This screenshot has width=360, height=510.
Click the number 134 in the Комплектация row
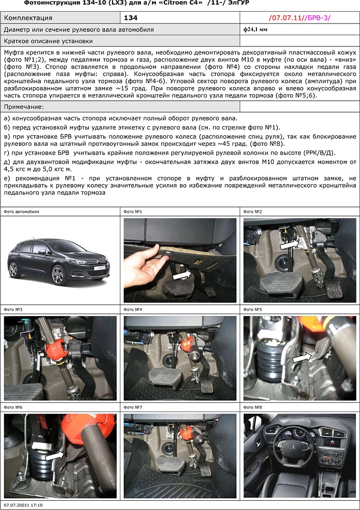(x=132, y=18)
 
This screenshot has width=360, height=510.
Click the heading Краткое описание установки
(x=48, y=41)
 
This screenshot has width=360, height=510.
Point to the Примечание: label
(x=23, y=107)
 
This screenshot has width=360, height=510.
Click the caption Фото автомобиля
(x=21, y=211)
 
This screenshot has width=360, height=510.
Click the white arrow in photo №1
(x=181, y=275)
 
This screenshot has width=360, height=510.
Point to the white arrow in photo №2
(x=289, y=245)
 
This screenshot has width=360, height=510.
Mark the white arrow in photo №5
(x=301, y=359)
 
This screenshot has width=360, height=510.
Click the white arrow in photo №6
(x=54, y=455)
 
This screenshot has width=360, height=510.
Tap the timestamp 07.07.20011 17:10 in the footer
(x=23, y=505)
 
